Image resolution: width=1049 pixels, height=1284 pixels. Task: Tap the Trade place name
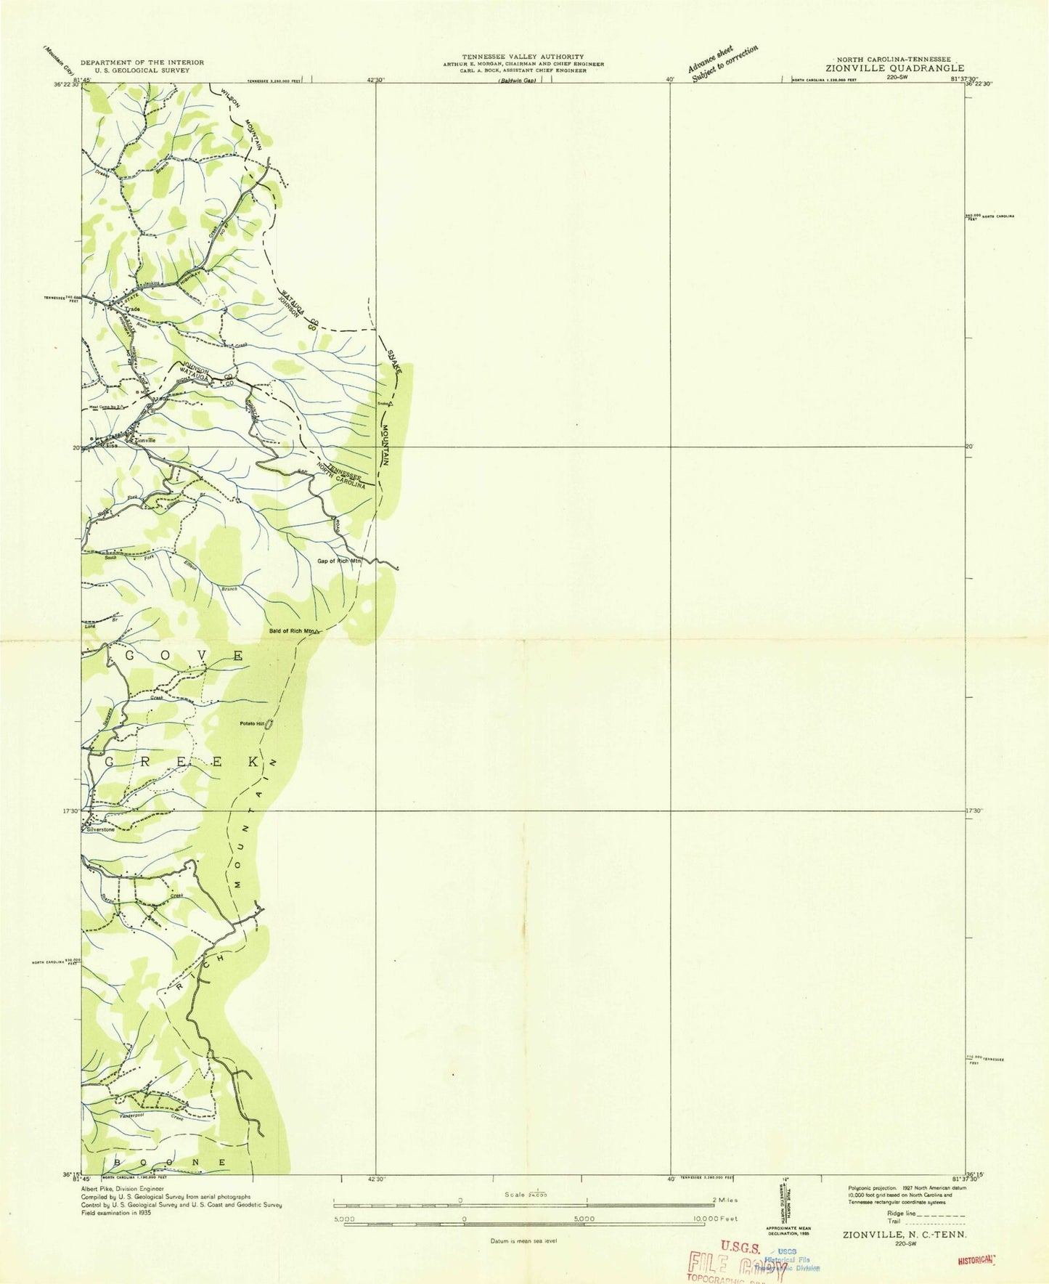point(131,309)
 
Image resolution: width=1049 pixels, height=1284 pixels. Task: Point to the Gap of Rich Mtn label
point(339,561)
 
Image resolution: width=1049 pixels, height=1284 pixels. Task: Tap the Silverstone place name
point(100,829)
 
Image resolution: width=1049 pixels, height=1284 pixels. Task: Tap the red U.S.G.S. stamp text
point(740,1246)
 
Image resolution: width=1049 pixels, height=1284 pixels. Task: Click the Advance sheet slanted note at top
point(722,62)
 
